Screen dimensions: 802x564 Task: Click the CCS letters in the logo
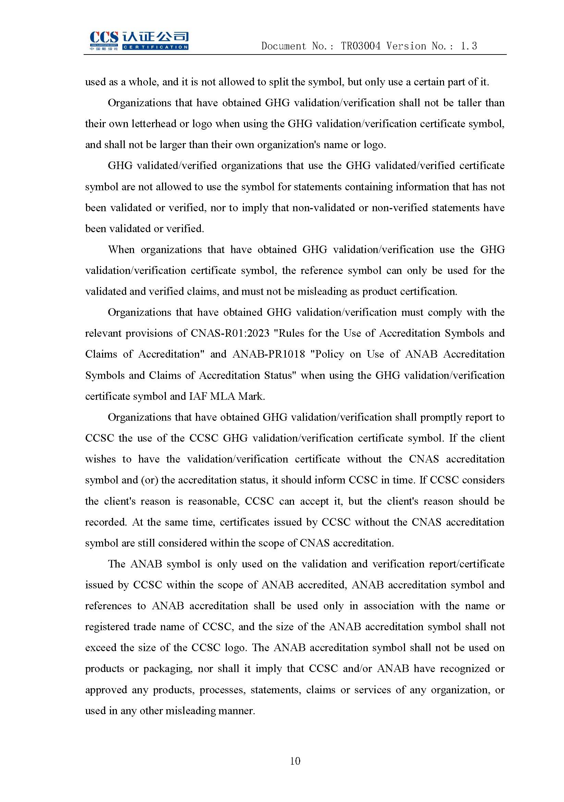104,38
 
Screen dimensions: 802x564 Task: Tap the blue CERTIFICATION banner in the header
155,47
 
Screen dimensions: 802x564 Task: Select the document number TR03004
361,46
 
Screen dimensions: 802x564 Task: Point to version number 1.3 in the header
469,46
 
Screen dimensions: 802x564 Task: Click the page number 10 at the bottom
295,761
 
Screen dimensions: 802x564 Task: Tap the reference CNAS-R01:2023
230,333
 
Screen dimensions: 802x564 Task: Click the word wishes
100,459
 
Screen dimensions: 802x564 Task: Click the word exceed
100,648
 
